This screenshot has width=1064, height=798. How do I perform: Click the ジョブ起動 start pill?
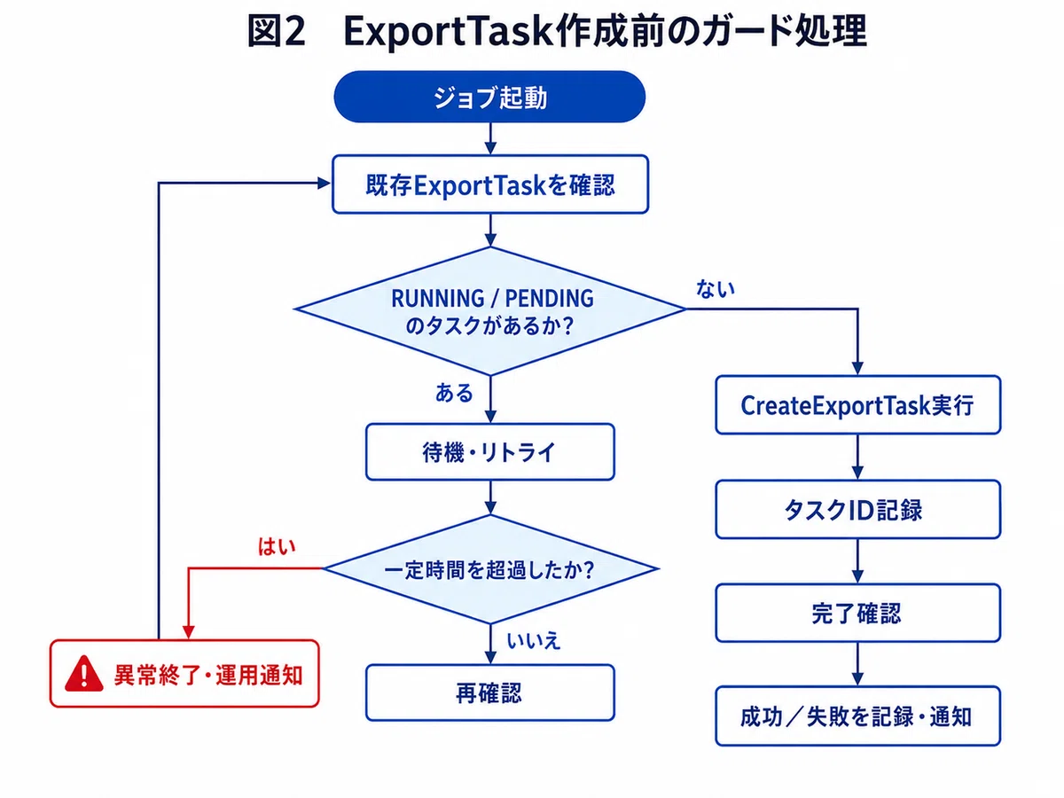(489, 97)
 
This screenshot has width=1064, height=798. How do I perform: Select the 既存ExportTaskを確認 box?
(490, 184)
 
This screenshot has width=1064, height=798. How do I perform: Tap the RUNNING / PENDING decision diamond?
(490, 311)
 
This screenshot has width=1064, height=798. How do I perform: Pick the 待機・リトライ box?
(490, 452)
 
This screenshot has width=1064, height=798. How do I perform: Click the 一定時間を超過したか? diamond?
(490, 569)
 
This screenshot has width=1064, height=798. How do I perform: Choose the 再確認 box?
(490, 692)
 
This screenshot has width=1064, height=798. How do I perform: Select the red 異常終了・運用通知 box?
(184, 674)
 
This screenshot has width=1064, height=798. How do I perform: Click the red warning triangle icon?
(84, 674)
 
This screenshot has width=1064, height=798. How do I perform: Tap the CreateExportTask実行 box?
(857, 404)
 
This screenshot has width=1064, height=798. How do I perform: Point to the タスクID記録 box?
(857, 509)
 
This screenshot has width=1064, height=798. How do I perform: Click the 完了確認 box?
(857, 613)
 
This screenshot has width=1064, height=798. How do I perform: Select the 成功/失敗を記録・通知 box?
(857, 716)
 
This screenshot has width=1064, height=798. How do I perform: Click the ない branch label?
(716, 289)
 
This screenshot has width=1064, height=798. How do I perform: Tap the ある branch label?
(454, 393)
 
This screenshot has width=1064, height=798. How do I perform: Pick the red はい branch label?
(277, 546)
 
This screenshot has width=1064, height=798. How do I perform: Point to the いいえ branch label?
(534, 641)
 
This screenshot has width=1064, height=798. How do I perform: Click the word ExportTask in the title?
(450, 32)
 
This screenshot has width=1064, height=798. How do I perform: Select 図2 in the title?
(277, 31)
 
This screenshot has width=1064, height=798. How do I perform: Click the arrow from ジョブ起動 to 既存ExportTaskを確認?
(490, 138)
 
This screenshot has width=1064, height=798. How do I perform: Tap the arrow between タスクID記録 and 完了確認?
(857, 561)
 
